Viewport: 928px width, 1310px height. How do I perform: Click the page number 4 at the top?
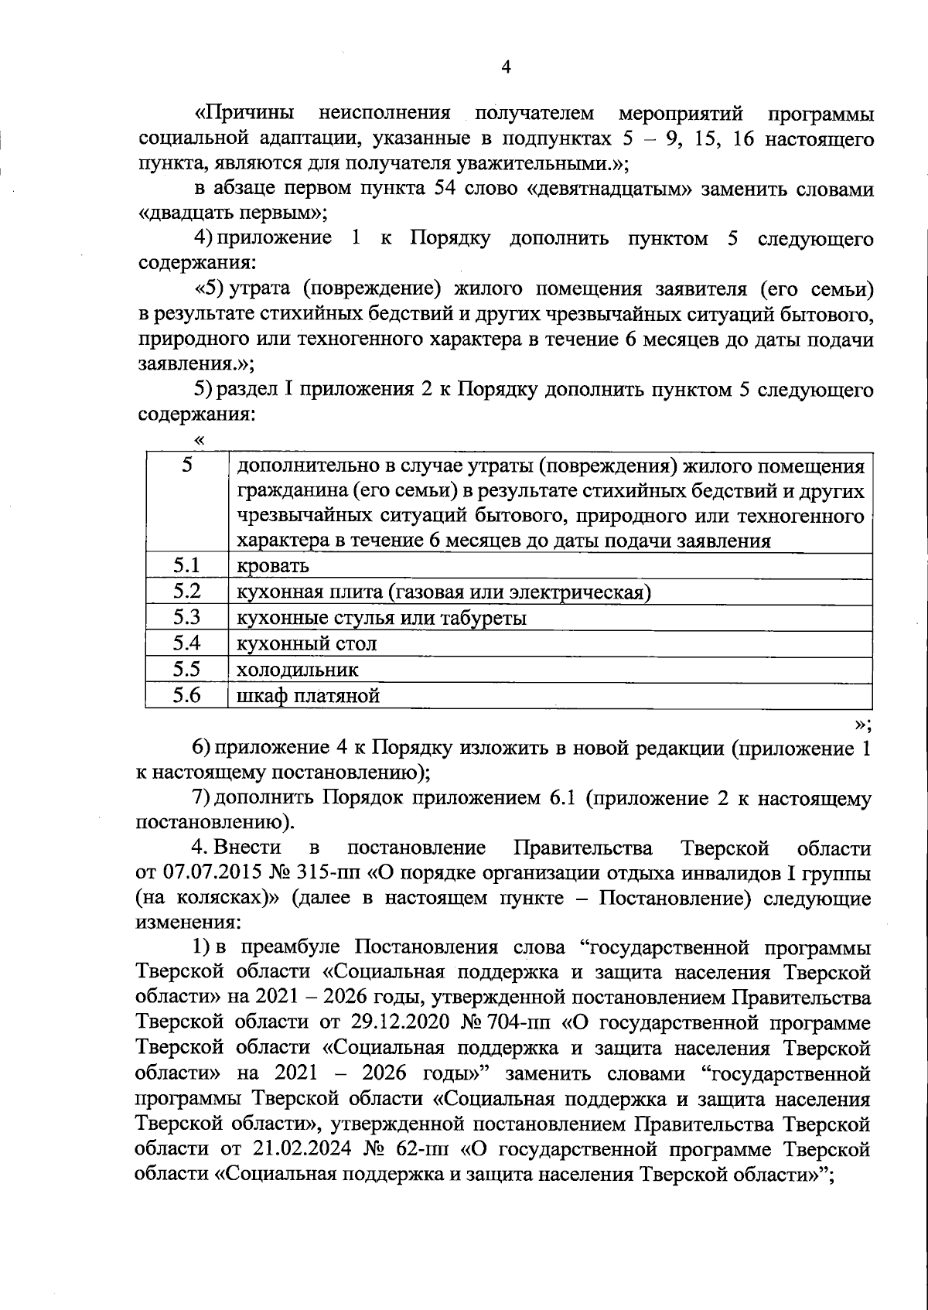507,67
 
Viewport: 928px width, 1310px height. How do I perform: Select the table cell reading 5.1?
186,565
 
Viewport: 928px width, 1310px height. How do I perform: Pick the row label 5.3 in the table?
186,617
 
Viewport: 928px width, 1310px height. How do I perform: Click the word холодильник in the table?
297,670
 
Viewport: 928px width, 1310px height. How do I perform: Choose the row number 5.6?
186,695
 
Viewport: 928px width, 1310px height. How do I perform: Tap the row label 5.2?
186,592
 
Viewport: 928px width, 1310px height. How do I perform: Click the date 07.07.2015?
204,874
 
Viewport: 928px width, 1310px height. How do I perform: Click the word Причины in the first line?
244,114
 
